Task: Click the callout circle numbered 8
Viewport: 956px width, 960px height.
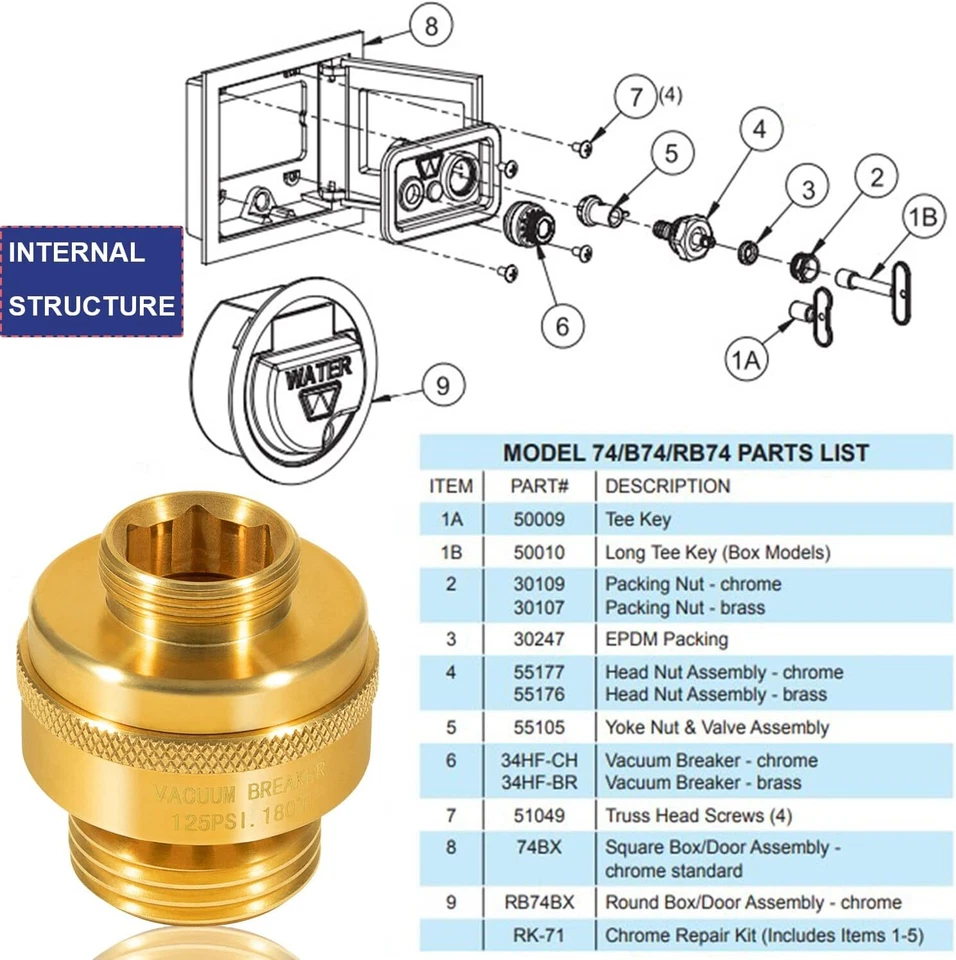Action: (x=431, y=26)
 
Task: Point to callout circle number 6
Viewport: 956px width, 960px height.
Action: (x=562, y=326)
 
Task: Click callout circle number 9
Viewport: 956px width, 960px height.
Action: (x=442, y=383)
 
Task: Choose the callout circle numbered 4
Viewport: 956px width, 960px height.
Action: (x=760, y=130)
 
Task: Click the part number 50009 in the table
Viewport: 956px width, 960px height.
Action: (x=539, y=520)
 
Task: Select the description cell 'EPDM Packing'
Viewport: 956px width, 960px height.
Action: (x=666, y=639)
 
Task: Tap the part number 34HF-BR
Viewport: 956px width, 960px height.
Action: (x=539, y=782)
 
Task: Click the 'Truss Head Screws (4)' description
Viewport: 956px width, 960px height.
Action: (x=698, y=815)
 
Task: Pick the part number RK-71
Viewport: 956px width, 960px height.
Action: (x=539, y=935)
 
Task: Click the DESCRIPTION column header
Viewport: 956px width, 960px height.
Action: (x=667, y=486)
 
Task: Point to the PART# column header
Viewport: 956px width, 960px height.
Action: (x=539, y=486)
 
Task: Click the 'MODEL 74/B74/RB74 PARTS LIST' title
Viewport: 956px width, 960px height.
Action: (x=685, y=452)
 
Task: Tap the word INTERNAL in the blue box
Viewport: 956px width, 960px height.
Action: (x=77, y=252)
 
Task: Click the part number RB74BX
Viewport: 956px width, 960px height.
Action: (x=539, y=902)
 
